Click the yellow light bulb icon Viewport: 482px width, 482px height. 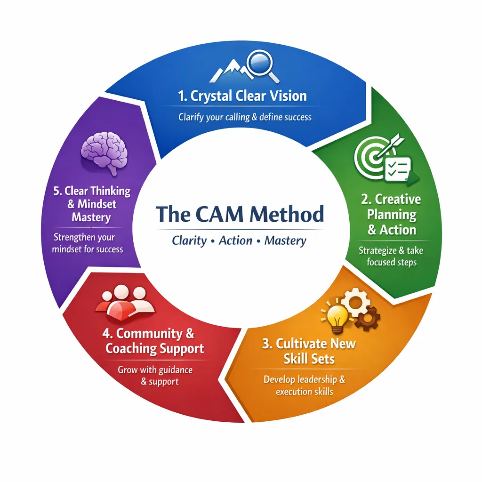coord(337,317)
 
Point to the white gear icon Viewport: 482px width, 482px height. coord(356,303)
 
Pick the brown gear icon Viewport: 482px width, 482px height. coord(367,319)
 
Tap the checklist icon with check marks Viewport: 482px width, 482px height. coord(398,169)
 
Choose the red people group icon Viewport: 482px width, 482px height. coord(125,302)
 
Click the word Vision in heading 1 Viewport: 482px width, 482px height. coord(289,96)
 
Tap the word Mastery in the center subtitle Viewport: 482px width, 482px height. coord(285,241)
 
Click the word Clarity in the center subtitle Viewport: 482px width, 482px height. coord(189,241)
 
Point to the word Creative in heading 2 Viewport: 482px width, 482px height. coord(398,199)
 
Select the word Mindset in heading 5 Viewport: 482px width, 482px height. coord(97,204)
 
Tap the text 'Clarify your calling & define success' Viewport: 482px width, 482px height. coord(245,117)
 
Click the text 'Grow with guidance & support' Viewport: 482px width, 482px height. coord(155,376)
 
